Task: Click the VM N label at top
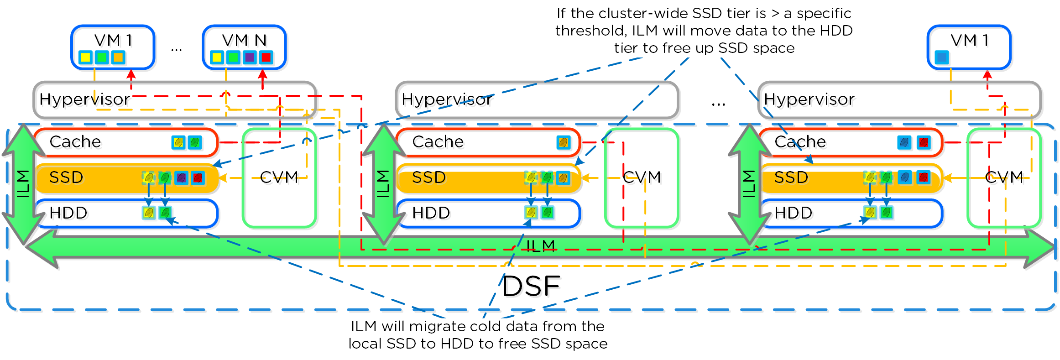tap(244, 41)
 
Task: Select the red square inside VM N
tap(266, 57)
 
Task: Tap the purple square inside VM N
tap(250, 57)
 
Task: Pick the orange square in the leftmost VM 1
tap(118, 57)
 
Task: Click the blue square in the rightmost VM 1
tap(942, 57)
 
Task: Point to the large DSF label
tap(531, 287)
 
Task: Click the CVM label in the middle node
tap(642, 177)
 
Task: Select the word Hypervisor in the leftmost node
tap(84, 99)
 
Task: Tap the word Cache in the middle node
tap(438, 142)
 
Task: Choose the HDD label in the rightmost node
tap(794, 213)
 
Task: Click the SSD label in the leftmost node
tap(66, 177)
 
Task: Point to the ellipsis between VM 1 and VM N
tap(177, 49)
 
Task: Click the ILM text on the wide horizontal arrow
tap(541, 246)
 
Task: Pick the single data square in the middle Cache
tap(564, 142)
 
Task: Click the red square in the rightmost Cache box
tap(924, 142)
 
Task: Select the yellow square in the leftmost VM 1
tap(85, 57)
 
